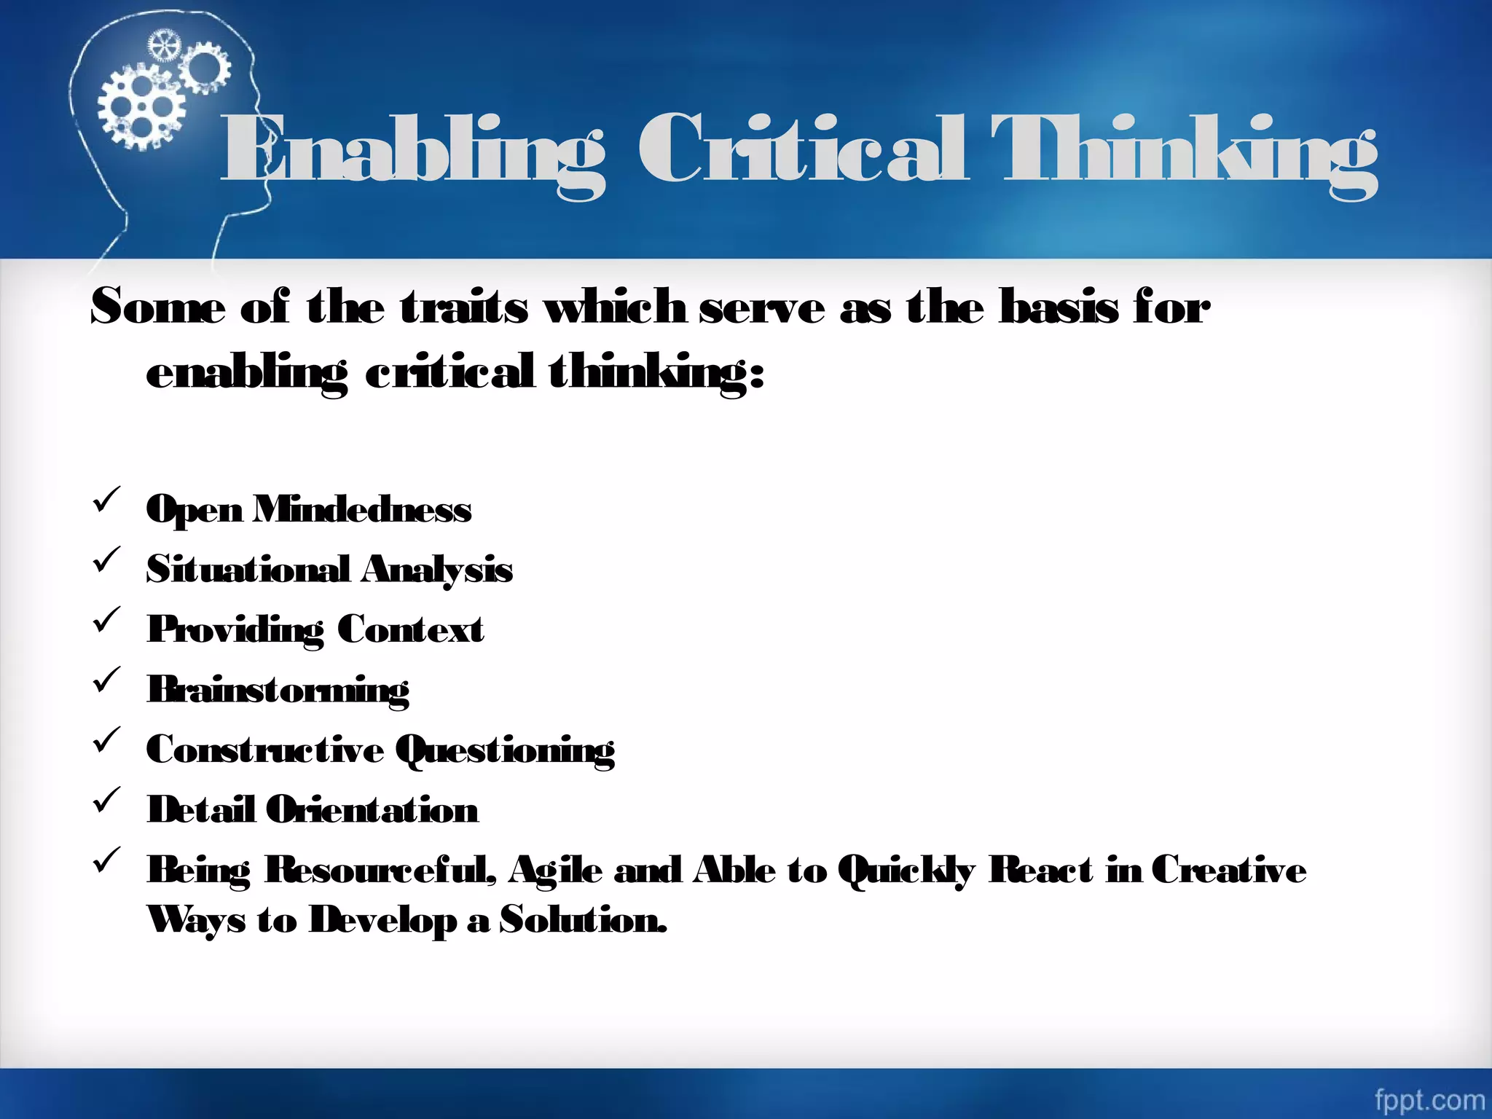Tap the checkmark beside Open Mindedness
(106, 500)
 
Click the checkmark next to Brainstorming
(106, 680)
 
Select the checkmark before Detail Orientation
(106, 801)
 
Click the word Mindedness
(361, 509)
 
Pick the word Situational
(248, 569)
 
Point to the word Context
(410, 629)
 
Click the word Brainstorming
(278, 690)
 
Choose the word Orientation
(372, 810)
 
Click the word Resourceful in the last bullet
(380, 870)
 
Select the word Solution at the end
(583, 920)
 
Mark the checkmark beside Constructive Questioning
(106, 741)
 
